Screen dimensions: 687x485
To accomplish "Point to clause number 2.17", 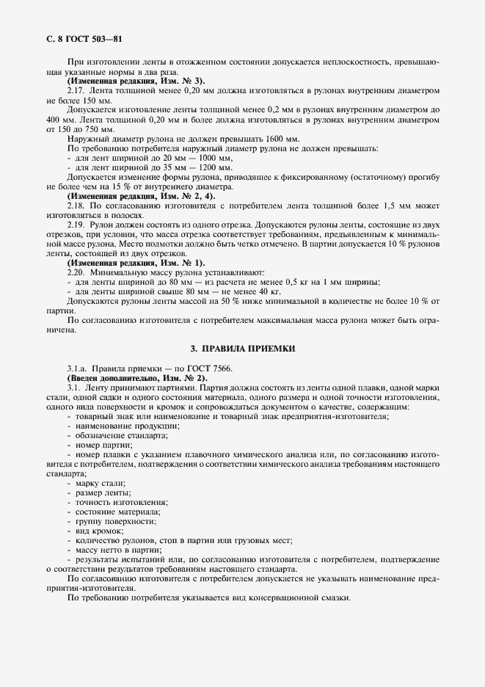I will coord(76,90).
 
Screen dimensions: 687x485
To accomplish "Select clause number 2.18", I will coord(76,206).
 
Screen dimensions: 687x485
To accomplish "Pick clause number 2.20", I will coord(76,272).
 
